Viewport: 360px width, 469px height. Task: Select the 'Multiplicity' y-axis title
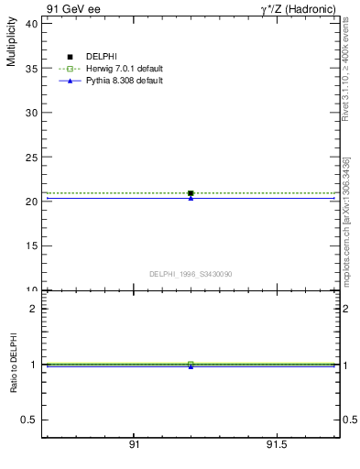coord(11,44)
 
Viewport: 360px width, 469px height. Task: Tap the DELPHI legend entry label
coord(102,57)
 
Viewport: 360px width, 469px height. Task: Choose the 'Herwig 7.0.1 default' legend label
coord(125,69)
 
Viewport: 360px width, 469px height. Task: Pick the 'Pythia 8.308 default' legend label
coord(125,81)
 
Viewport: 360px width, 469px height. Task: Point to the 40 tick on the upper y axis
coord(31,24)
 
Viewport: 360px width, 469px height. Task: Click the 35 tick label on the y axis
coord(31,69)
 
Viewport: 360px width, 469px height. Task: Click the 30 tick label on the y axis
coord(31,113)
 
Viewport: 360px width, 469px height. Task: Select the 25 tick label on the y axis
coord(31,158)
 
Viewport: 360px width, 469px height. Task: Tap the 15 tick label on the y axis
coord(31,246)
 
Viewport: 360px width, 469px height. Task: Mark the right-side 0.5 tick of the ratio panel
coord(349,420)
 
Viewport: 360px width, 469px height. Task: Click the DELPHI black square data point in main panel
coord(191,193)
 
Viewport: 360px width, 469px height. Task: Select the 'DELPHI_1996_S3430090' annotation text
coord(191,274)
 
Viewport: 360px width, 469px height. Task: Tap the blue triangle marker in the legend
coord(70,81)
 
